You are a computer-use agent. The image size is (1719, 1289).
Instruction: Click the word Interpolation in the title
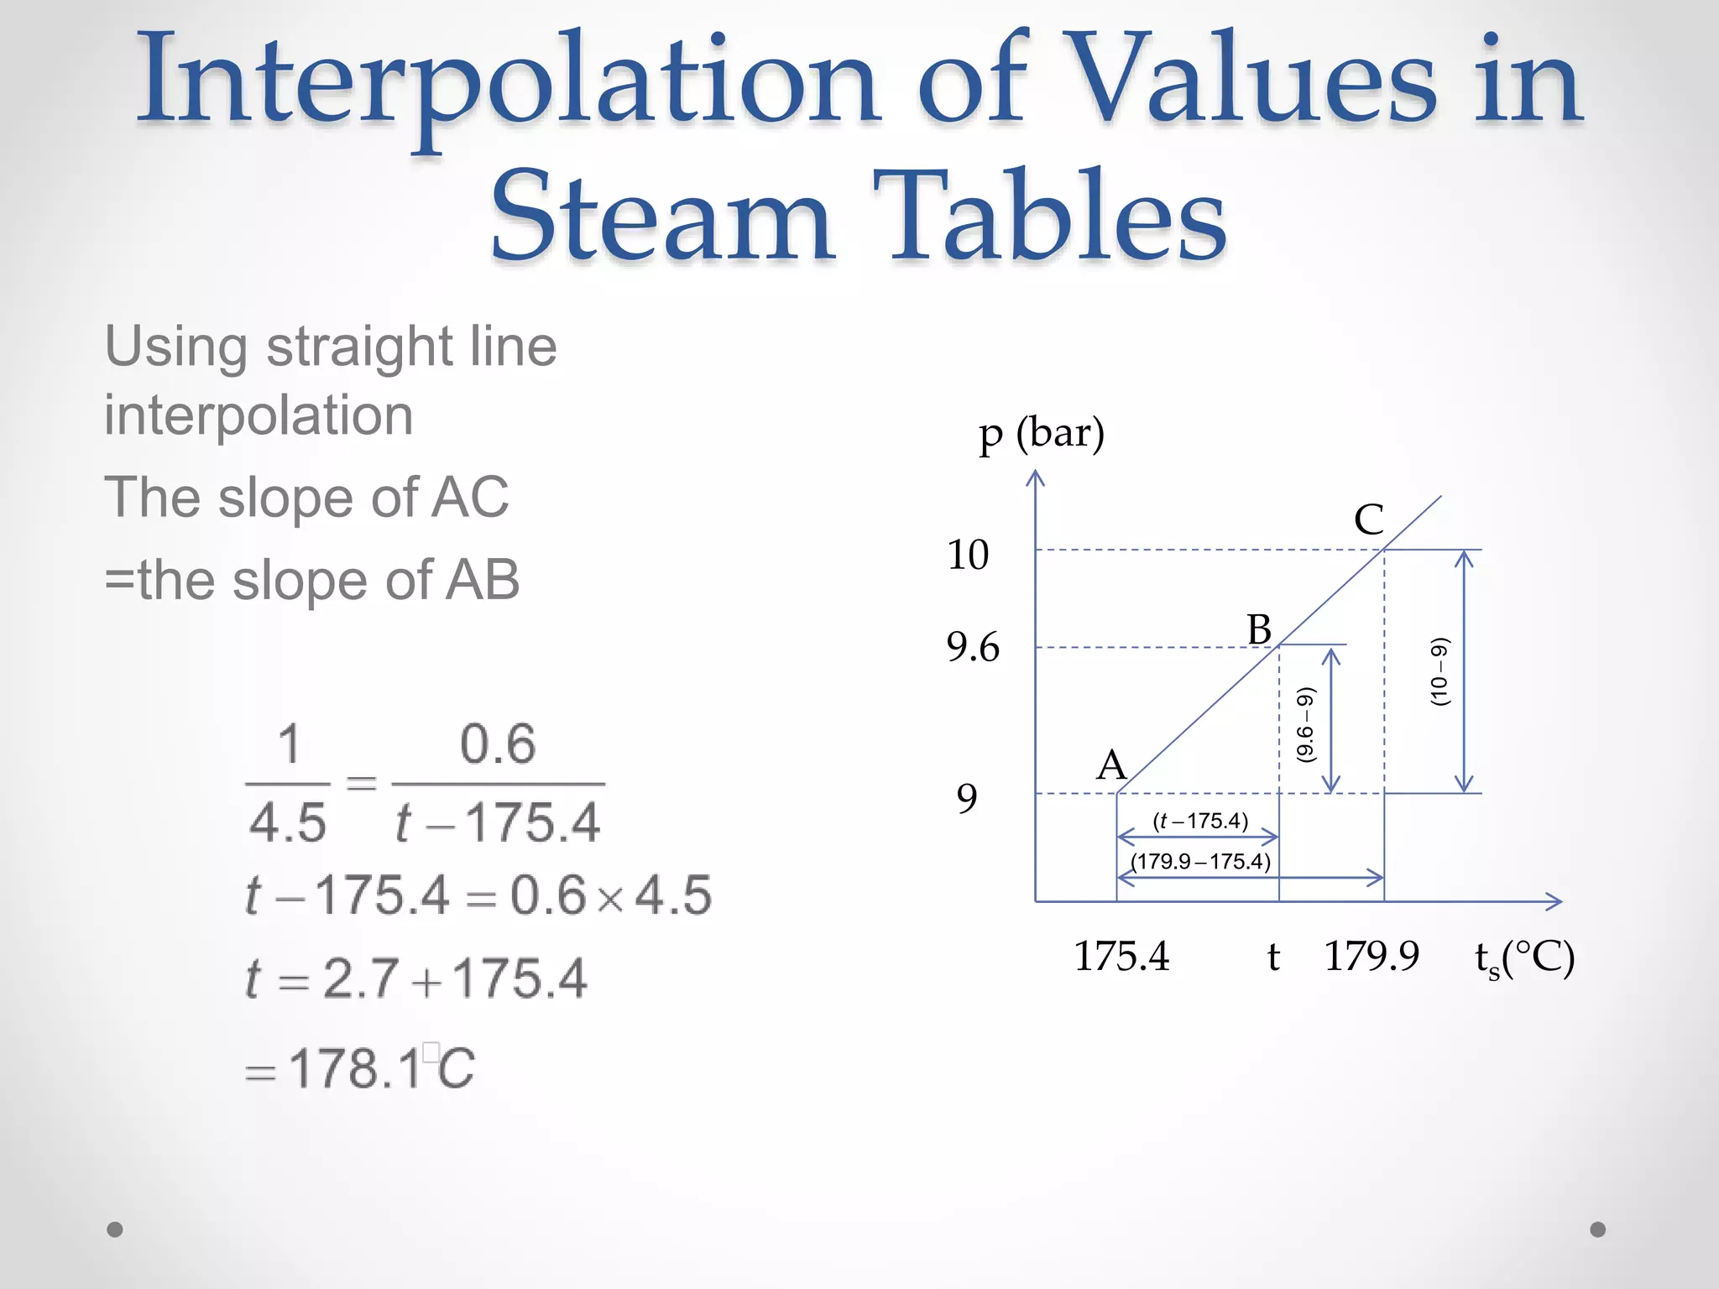(508, 84)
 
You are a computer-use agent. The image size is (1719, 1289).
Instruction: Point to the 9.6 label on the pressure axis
(973, 648)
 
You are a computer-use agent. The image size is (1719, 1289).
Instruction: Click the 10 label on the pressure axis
(968, 555)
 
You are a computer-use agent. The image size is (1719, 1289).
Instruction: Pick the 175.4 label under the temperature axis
(1121, 957)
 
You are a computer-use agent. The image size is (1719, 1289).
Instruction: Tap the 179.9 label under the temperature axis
(1372, 957)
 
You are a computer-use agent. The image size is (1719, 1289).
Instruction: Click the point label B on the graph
(1259, 629)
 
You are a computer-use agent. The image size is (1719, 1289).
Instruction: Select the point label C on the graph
(1368, 519)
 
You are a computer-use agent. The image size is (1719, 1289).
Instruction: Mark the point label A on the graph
(1111, 765)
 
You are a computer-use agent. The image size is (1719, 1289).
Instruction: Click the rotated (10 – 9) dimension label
(1439, 671)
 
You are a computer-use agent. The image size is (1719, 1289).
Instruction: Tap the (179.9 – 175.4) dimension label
(1200, 862)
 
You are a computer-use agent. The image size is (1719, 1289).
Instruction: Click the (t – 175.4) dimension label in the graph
(1200, 821)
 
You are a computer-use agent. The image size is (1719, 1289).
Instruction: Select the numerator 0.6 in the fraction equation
(498, 744)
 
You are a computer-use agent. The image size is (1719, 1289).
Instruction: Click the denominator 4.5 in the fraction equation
(287, 822)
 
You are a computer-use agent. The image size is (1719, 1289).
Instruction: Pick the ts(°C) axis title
(1524, 958)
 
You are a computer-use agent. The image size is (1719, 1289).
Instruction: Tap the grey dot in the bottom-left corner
(115, 1229)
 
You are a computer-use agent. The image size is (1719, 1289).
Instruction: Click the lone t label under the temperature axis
(1273, 957)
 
